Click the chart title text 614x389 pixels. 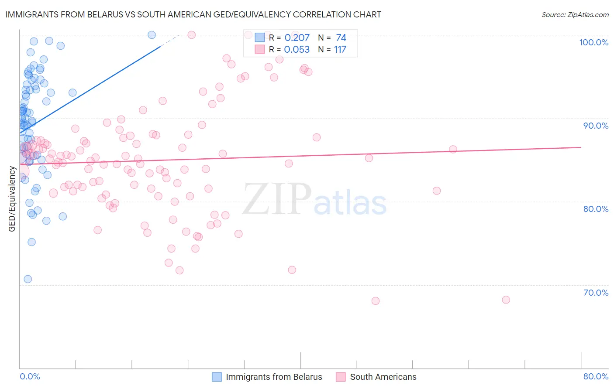tap(193, 14)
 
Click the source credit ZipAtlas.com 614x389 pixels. tap(575, 14)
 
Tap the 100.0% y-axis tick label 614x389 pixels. tap(593, 42)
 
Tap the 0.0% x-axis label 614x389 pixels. tap(30, 376)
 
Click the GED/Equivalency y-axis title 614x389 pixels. tap(12, 199)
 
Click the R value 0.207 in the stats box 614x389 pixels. tap(297, 38)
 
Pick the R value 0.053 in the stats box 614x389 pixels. tap(297, 50)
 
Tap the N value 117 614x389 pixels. tap(340, 50)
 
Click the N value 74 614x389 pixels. tap(341, 38)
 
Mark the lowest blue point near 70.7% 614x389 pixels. tap(28, 279)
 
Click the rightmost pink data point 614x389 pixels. tap(506, 300)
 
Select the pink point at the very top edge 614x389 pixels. tap(191, 35)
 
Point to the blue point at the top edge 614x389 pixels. tap(152, 35)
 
